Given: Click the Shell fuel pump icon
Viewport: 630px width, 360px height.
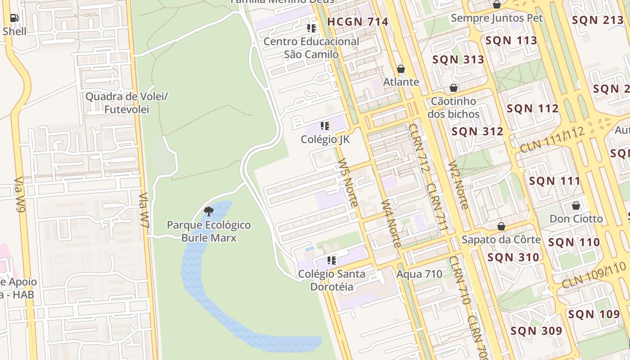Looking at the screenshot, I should coord(14,18).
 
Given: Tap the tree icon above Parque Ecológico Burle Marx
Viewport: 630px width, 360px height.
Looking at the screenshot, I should coord(208,211).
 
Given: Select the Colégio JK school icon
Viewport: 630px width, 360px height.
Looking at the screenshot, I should coord(325,126).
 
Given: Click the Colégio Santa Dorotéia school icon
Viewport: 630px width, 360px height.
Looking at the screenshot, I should coord(332,260).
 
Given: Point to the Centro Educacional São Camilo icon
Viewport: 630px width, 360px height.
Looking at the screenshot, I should coord(311,28).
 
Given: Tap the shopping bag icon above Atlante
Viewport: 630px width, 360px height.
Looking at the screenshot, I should coord(401,69).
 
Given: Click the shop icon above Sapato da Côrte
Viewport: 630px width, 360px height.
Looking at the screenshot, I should coord(501,226).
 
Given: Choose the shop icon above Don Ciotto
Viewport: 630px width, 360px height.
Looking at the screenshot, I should coord(576,206).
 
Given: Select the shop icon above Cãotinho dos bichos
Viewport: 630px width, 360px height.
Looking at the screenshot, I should coord(454,87).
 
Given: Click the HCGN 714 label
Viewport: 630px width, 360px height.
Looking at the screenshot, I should coord(358,22).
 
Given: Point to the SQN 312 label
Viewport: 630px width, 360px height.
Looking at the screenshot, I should coord(477,131).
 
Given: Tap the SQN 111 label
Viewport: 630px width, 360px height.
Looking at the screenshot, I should coord(554,181).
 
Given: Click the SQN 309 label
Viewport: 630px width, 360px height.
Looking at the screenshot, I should coord(536,331).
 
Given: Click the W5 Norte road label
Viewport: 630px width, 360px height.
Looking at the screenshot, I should coord(347,182).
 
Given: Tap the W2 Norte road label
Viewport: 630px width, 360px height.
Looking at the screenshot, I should coord(458,184).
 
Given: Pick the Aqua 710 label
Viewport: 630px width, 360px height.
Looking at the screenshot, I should coord(419,274).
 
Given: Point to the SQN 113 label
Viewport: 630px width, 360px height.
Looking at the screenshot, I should coord(511,40).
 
